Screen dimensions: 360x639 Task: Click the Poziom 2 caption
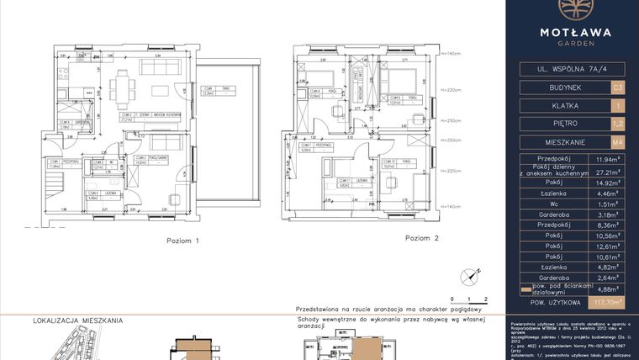[422, 238]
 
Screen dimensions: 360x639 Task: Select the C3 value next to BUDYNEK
[618, 87]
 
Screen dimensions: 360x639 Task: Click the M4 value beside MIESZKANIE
[618, 142]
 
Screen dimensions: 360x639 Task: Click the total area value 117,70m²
[607, 300]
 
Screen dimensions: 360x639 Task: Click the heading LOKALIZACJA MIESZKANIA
[78, 320]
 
